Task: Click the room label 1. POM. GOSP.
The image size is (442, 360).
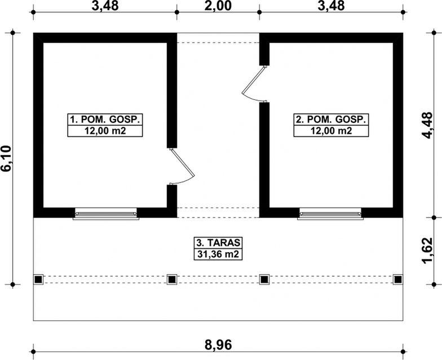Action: pyautogui.click(x=105, y=120)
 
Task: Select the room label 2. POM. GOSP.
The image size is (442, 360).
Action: pyautogui.click(x=331, y=120)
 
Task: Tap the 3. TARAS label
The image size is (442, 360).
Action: pyautogui.click(x=218, y=243)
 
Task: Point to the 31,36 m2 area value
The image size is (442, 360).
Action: pyautogui.click(x=218, y=254)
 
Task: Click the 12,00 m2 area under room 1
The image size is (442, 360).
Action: pyautogui.click(x=105, y=131)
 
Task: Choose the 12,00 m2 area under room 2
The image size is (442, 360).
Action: pyautogui.click(x=331, y=131)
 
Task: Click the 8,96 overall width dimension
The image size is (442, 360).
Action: pyautogui.click(x=218, y=345)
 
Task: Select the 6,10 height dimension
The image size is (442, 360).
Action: pyautogui.click(x=6, y=159)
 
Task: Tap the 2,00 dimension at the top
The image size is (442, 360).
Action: pyautogui.click(x=218, y=6)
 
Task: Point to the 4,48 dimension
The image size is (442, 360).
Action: pyautogui.click(x=427, y=125)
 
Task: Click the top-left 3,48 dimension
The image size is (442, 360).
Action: pyautogui.click(x=105, y=6)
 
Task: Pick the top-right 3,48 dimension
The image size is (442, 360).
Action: pyautogui.click(x=331, y=6)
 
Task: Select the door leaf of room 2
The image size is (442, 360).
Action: pyautogui.click(x=253, y=80)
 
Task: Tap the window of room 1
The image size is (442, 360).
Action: pyautogui.click(x=106, y=213)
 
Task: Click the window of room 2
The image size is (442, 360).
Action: pyautogui.click(x=330, y=213)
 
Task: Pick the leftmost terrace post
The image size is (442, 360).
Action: pyautogui.click(x=38, y=280)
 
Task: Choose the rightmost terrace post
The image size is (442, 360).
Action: pyautogui.click(x=398, y=280)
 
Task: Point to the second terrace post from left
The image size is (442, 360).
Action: pyautogui.click(x=172, y=280)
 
